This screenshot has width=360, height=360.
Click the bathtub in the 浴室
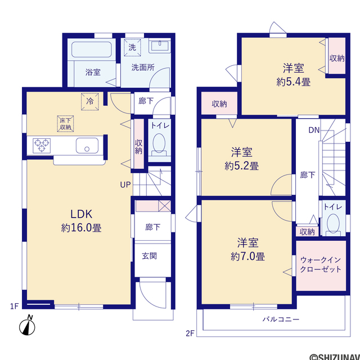tap(91, 49)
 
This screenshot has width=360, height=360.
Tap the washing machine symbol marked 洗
tap(132, 47)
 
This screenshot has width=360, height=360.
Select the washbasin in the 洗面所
tap(160, 46)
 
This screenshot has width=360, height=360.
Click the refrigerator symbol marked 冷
tap(90, 101)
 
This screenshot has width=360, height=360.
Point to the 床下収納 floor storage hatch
tap(65, 124)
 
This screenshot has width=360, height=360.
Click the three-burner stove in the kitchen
tap(42, 146)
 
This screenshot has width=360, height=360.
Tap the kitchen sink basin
tap(87, 146)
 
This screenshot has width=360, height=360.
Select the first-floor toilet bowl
tap(159, 144)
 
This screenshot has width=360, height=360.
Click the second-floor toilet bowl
tap(334, 225)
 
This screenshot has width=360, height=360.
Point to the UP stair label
tap(125, 185)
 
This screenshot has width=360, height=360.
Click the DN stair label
tap(314, 130)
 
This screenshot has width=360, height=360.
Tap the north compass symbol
tap(28, 326)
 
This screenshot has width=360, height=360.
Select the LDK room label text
tap(81, 214)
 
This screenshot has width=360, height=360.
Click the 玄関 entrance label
tap(149, 256)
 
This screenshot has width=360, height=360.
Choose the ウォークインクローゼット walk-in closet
tap(321, 265)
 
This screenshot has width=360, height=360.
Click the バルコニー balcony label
tap(281, 319)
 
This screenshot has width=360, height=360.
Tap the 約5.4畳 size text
tap(294, 82)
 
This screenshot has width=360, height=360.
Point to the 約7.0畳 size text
tap(247, 256)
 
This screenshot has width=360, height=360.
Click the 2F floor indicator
tap(190, 333)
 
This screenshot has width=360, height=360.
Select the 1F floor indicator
tap(14, 306)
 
